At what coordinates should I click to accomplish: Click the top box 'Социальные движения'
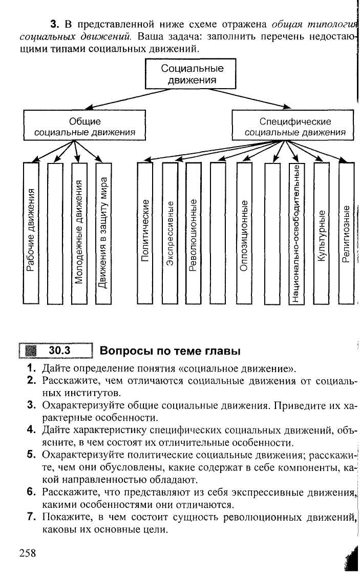click(192, 74)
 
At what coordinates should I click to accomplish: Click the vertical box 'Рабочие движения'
click(31, 233)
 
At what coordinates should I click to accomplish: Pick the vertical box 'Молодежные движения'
click(78, 233)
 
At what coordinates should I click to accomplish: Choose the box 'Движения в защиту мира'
click(102, 233)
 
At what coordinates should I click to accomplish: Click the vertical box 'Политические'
click(145, 233)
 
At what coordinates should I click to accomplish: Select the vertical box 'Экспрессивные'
click(170, 233)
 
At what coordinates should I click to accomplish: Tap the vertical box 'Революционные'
click(194, 233)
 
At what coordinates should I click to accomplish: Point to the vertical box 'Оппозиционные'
click(244, 233)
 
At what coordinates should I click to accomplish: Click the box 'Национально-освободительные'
click(296, 233)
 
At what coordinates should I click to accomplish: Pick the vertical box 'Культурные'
click(321, 233)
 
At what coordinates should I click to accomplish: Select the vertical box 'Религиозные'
click(346, 233)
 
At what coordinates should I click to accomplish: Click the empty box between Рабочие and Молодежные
click(55, 233)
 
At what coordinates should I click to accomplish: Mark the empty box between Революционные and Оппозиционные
click(218, 233)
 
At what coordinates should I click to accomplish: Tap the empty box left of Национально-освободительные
click(272, 233)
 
